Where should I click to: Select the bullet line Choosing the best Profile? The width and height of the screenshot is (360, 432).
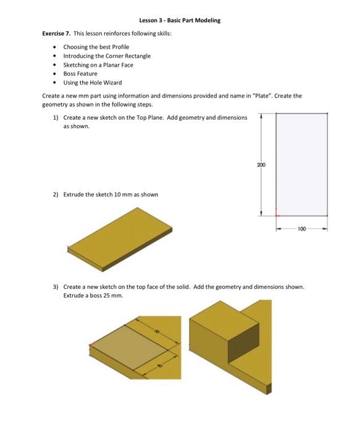96,47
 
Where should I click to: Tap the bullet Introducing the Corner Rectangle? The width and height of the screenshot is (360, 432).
107,56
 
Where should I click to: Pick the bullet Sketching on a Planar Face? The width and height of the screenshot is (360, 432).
98,64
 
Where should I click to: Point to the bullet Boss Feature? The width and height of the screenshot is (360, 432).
80,73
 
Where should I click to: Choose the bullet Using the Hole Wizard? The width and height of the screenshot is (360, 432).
93,82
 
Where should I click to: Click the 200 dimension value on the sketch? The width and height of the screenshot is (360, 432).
261,165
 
